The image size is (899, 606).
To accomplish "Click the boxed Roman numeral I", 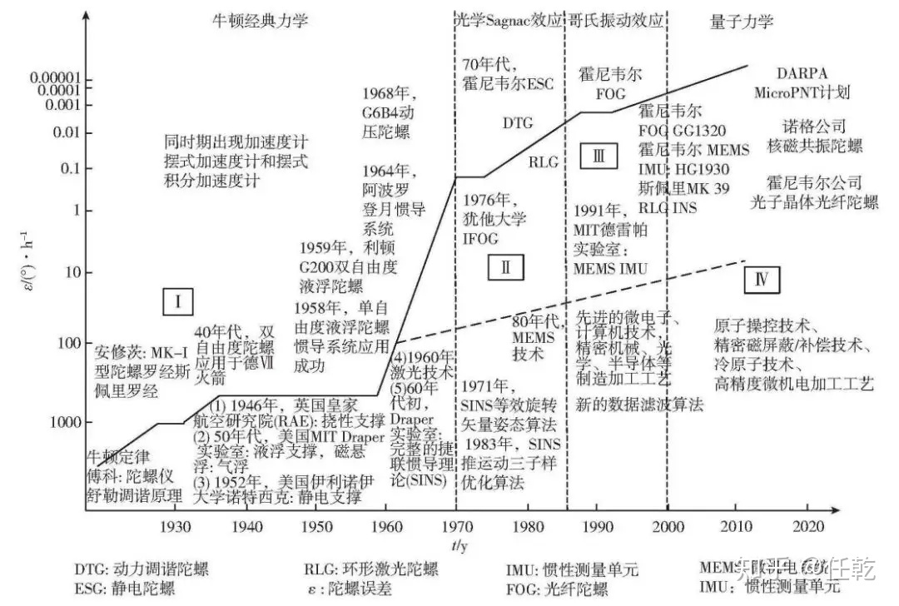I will point(177,302).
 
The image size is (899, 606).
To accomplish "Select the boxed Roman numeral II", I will point(505,267).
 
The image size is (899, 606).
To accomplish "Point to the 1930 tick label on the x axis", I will point(174,527).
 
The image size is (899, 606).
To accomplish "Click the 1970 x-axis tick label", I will point(455,527).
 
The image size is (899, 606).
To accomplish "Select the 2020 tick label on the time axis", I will point(807,527).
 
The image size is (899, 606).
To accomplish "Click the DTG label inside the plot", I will point(517,122).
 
